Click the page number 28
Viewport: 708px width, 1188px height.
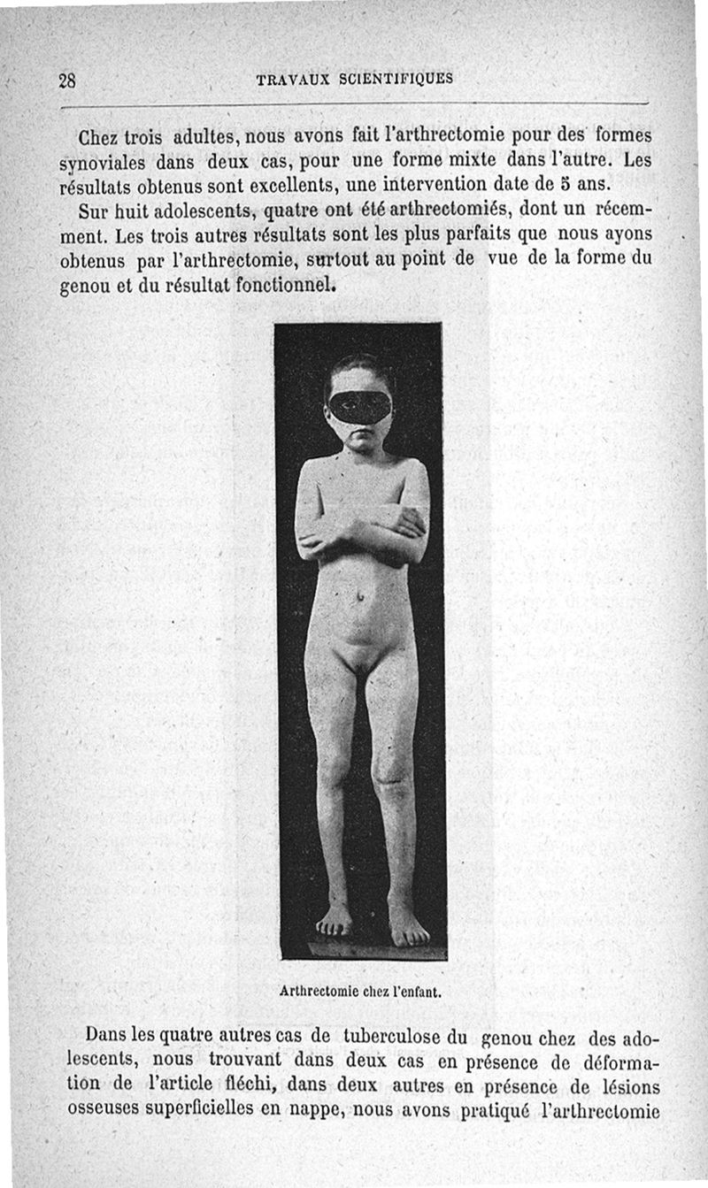(67, 80)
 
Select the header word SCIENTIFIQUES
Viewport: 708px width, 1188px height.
(396, 78)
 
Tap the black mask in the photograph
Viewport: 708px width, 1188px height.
(359, 406)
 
